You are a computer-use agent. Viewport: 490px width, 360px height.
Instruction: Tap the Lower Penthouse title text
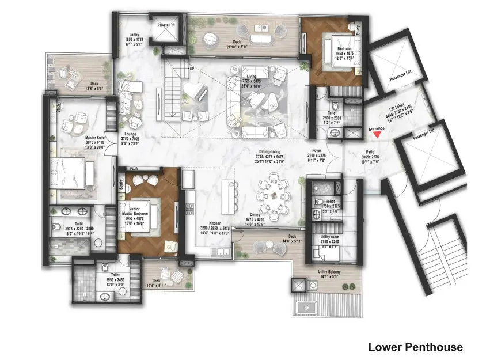[415, 347]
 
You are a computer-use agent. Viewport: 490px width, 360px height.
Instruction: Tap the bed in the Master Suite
[72, 172]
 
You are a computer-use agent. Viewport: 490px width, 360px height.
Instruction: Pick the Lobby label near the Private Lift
[134, 35]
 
